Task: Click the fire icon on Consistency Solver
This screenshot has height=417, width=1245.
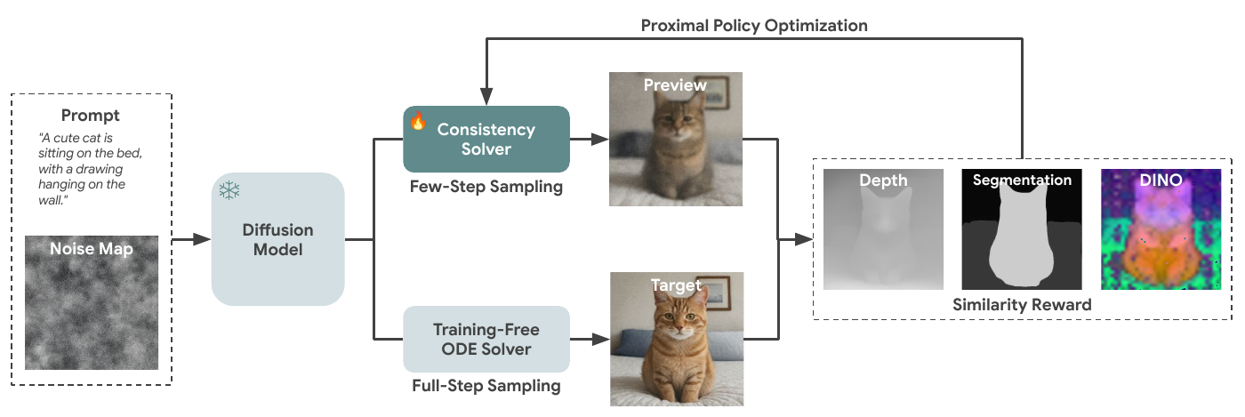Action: coord(418,122)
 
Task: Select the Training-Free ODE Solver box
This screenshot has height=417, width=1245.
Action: coord(486,340)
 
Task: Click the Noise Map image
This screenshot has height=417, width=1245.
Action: coord(91,302)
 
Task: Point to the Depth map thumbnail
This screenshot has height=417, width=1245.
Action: coord(883,229)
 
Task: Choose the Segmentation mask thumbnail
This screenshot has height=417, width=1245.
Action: coord(1022,229)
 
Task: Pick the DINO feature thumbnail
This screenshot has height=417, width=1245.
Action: coord(1161,229)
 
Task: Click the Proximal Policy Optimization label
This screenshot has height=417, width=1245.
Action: coord(754,26)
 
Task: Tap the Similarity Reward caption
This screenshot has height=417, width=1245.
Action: coord(1022,305)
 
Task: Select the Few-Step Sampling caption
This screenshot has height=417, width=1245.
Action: coord(486,188)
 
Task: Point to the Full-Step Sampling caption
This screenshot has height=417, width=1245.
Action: coord(486,386)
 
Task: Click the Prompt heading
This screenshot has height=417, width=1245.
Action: coord(91,116)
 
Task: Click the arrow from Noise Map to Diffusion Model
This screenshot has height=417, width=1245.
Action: coord(189,239)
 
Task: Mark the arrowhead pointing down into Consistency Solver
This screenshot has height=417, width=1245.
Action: coord(486,98)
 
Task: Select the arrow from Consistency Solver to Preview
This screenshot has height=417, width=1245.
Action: coord(588,140)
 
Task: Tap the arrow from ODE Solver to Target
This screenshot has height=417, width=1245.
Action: coord(588,339)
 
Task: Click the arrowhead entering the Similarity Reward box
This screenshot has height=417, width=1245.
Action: coord(806,239)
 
